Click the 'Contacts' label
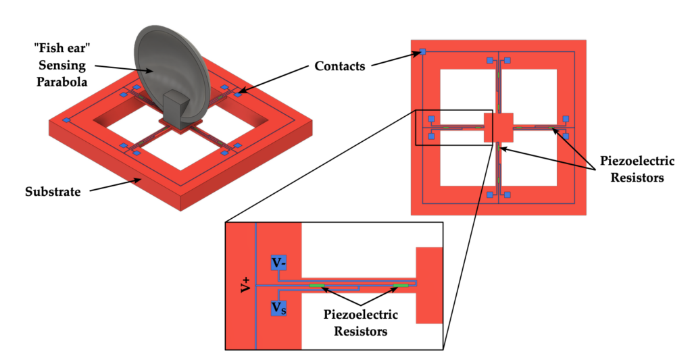[341, 66]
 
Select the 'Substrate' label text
[53, 192]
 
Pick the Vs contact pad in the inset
[278, 307]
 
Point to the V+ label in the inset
[244, 284]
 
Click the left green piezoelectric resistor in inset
[316, 286]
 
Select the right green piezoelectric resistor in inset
[400, 286]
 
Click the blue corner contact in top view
[422, 52]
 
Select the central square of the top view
[499, 127]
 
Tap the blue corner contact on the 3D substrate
[67, 120]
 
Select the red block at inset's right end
[429, 285]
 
